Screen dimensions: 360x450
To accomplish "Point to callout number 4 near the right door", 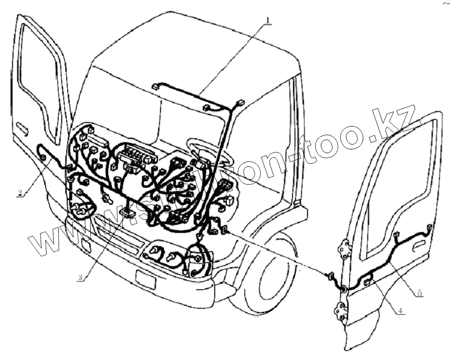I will pos(400,310).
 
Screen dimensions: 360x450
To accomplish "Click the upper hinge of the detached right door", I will pos(344,249).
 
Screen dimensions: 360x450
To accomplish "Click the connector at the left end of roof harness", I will pos(156,86).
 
